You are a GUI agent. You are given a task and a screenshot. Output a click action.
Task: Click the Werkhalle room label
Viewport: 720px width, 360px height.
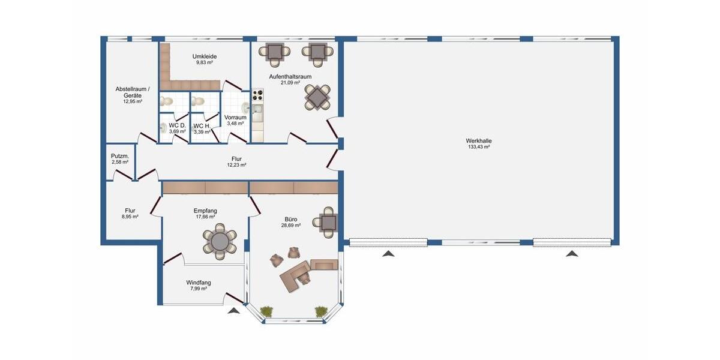[478, 141]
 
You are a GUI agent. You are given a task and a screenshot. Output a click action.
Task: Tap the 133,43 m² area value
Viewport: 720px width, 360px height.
[478, 147]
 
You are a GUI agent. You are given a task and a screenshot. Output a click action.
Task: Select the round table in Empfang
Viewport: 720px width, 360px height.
[220, 241]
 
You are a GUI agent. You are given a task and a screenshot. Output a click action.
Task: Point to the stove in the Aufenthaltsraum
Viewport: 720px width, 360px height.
[257, 94]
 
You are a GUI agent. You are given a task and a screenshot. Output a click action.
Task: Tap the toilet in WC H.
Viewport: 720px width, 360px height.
[199, 102]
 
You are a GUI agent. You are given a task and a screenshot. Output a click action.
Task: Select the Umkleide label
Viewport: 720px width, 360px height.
[205, 56]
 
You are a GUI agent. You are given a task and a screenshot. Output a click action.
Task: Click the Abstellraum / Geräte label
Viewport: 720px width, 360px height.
[133, 92]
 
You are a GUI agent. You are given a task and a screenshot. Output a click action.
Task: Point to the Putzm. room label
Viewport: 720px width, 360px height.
[119, 156]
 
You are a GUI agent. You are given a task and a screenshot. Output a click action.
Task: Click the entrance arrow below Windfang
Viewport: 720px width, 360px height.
[233, 311]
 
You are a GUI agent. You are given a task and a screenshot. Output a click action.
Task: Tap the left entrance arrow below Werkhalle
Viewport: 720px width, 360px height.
[389, 254]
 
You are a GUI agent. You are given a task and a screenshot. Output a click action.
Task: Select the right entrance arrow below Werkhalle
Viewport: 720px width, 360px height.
[572, 254]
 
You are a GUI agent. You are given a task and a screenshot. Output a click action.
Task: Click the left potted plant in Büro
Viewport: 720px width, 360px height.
[266, 310]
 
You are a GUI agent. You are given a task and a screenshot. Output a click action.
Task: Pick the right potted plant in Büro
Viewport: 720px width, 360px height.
[322, 310]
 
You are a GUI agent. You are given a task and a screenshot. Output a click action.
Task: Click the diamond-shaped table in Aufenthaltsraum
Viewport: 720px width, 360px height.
[317, 97]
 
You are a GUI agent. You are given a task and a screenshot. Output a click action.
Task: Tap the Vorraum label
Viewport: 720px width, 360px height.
[235, 118]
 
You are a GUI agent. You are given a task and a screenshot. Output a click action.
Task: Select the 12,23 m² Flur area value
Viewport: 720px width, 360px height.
[236, 165]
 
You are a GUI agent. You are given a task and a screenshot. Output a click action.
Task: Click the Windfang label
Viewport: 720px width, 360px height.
[198, 283]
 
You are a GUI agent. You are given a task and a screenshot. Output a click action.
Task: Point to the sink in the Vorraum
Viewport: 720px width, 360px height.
[245, 107]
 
